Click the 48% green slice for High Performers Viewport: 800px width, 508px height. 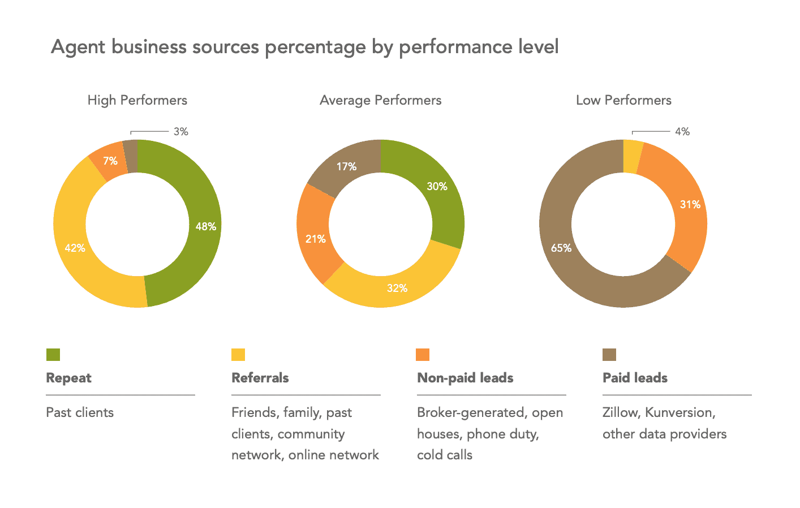tap(204, 226)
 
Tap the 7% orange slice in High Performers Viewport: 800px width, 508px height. tap(110, 161)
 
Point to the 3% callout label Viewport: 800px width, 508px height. tap(181, 132)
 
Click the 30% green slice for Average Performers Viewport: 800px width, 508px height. tap(436, 187)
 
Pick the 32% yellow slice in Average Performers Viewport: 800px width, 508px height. tap(396, 288)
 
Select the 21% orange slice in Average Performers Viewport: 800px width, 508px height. tap(315, 239)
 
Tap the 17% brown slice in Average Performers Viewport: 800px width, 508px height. tap(346, 166)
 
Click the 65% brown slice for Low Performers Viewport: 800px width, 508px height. tap(560, 248)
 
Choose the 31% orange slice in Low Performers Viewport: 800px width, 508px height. tap(689, 205)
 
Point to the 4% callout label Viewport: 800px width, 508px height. tap(682, 132)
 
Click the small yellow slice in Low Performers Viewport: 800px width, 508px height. tap(632, 148)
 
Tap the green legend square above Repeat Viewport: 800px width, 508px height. tap(53, 355)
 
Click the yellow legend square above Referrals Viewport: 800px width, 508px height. tap(238, 355)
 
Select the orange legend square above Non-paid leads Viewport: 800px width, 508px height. tap(423, 355)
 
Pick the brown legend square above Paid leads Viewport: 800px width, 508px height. tap(609, 355)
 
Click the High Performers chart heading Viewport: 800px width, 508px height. tap(137, 101)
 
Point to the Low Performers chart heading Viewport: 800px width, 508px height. tap(623, 101)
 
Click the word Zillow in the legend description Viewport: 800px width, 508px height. tap(620, 412)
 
